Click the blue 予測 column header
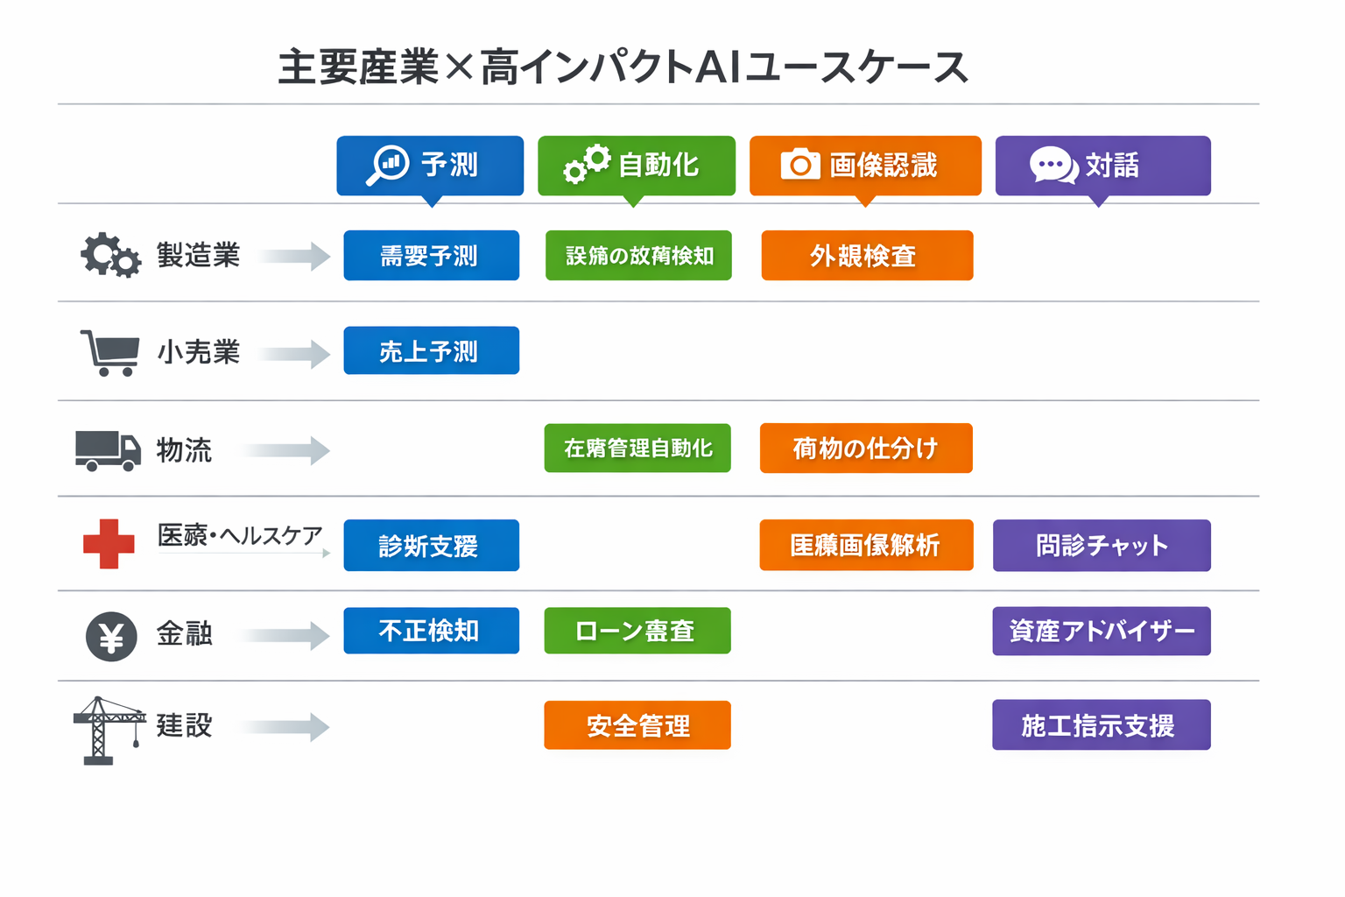430,165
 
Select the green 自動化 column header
637,165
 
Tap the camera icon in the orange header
800,164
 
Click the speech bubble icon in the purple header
1053,165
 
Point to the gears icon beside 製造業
110,255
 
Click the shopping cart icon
110,352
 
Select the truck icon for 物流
108,450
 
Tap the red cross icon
109,544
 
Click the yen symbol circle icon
111,636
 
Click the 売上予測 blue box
431,350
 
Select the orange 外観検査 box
867,255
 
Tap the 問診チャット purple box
1102,545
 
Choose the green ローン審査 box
637,631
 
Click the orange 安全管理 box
637,725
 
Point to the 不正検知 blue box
431,631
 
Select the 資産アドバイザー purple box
1102,631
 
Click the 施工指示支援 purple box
1101,725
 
